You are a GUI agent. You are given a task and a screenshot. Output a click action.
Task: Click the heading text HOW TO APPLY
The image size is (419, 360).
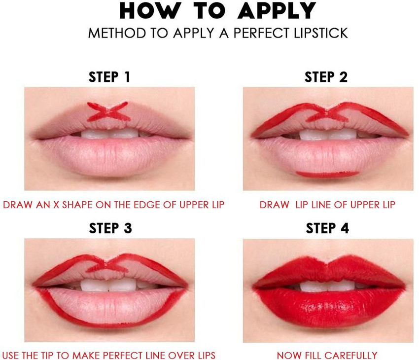[217, 11]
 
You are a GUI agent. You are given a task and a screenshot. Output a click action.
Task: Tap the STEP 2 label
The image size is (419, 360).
[326, 77]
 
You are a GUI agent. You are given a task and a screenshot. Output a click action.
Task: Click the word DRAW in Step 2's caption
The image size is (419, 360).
[274, 205]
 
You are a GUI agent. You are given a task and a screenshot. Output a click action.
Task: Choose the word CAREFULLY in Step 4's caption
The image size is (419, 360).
[353, 355]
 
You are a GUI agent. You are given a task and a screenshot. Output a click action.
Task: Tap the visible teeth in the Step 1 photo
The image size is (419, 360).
[109, 133]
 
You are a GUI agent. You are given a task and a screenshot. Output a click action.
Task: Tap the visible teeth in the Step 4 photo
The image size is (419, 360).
[328, 286]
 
